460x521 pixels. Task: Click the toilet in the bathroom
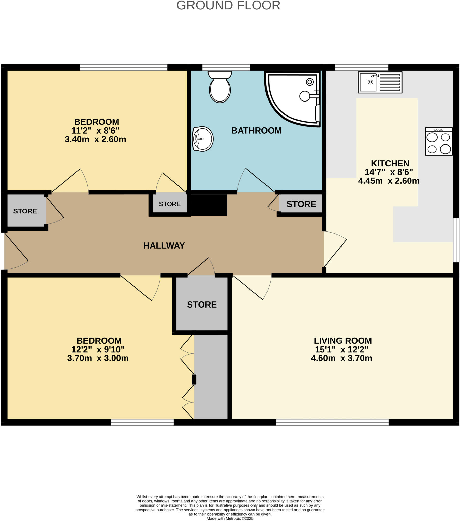pos(220,87)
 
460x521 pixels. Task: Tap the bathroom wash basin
pos(203,139)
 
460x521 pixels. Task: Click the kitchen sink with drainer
pos(380,82)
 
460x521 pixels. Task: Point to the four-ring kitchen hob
pos(439,141)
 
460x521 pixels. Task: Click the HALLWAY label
pos(164,245)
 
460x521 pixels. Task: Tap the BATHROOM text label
pos(256,131)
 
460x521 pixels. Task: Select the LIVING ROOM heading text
pos(343,341)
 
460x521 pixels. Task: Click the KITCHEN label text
pos(390,163)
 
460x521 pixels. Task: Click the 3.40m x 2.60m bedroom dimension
pos(95,139)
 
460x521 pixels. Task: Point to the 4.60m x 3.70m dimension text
pos(342,358)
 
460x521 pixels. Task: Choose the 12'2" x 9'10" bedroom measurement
pos(98,349)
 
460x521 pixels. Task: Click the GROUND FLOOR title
pos(228,6)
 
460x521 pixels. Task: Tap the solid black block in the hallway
pos(209,205)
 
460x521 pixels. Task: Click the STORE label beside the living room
pos(202,305)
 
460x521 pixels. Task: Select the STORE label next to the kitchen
pos(301,204)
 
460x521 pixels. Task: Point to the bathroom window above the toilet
pos(226,68)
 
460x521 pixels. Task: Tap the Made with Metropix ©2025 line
pos(230,518)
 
